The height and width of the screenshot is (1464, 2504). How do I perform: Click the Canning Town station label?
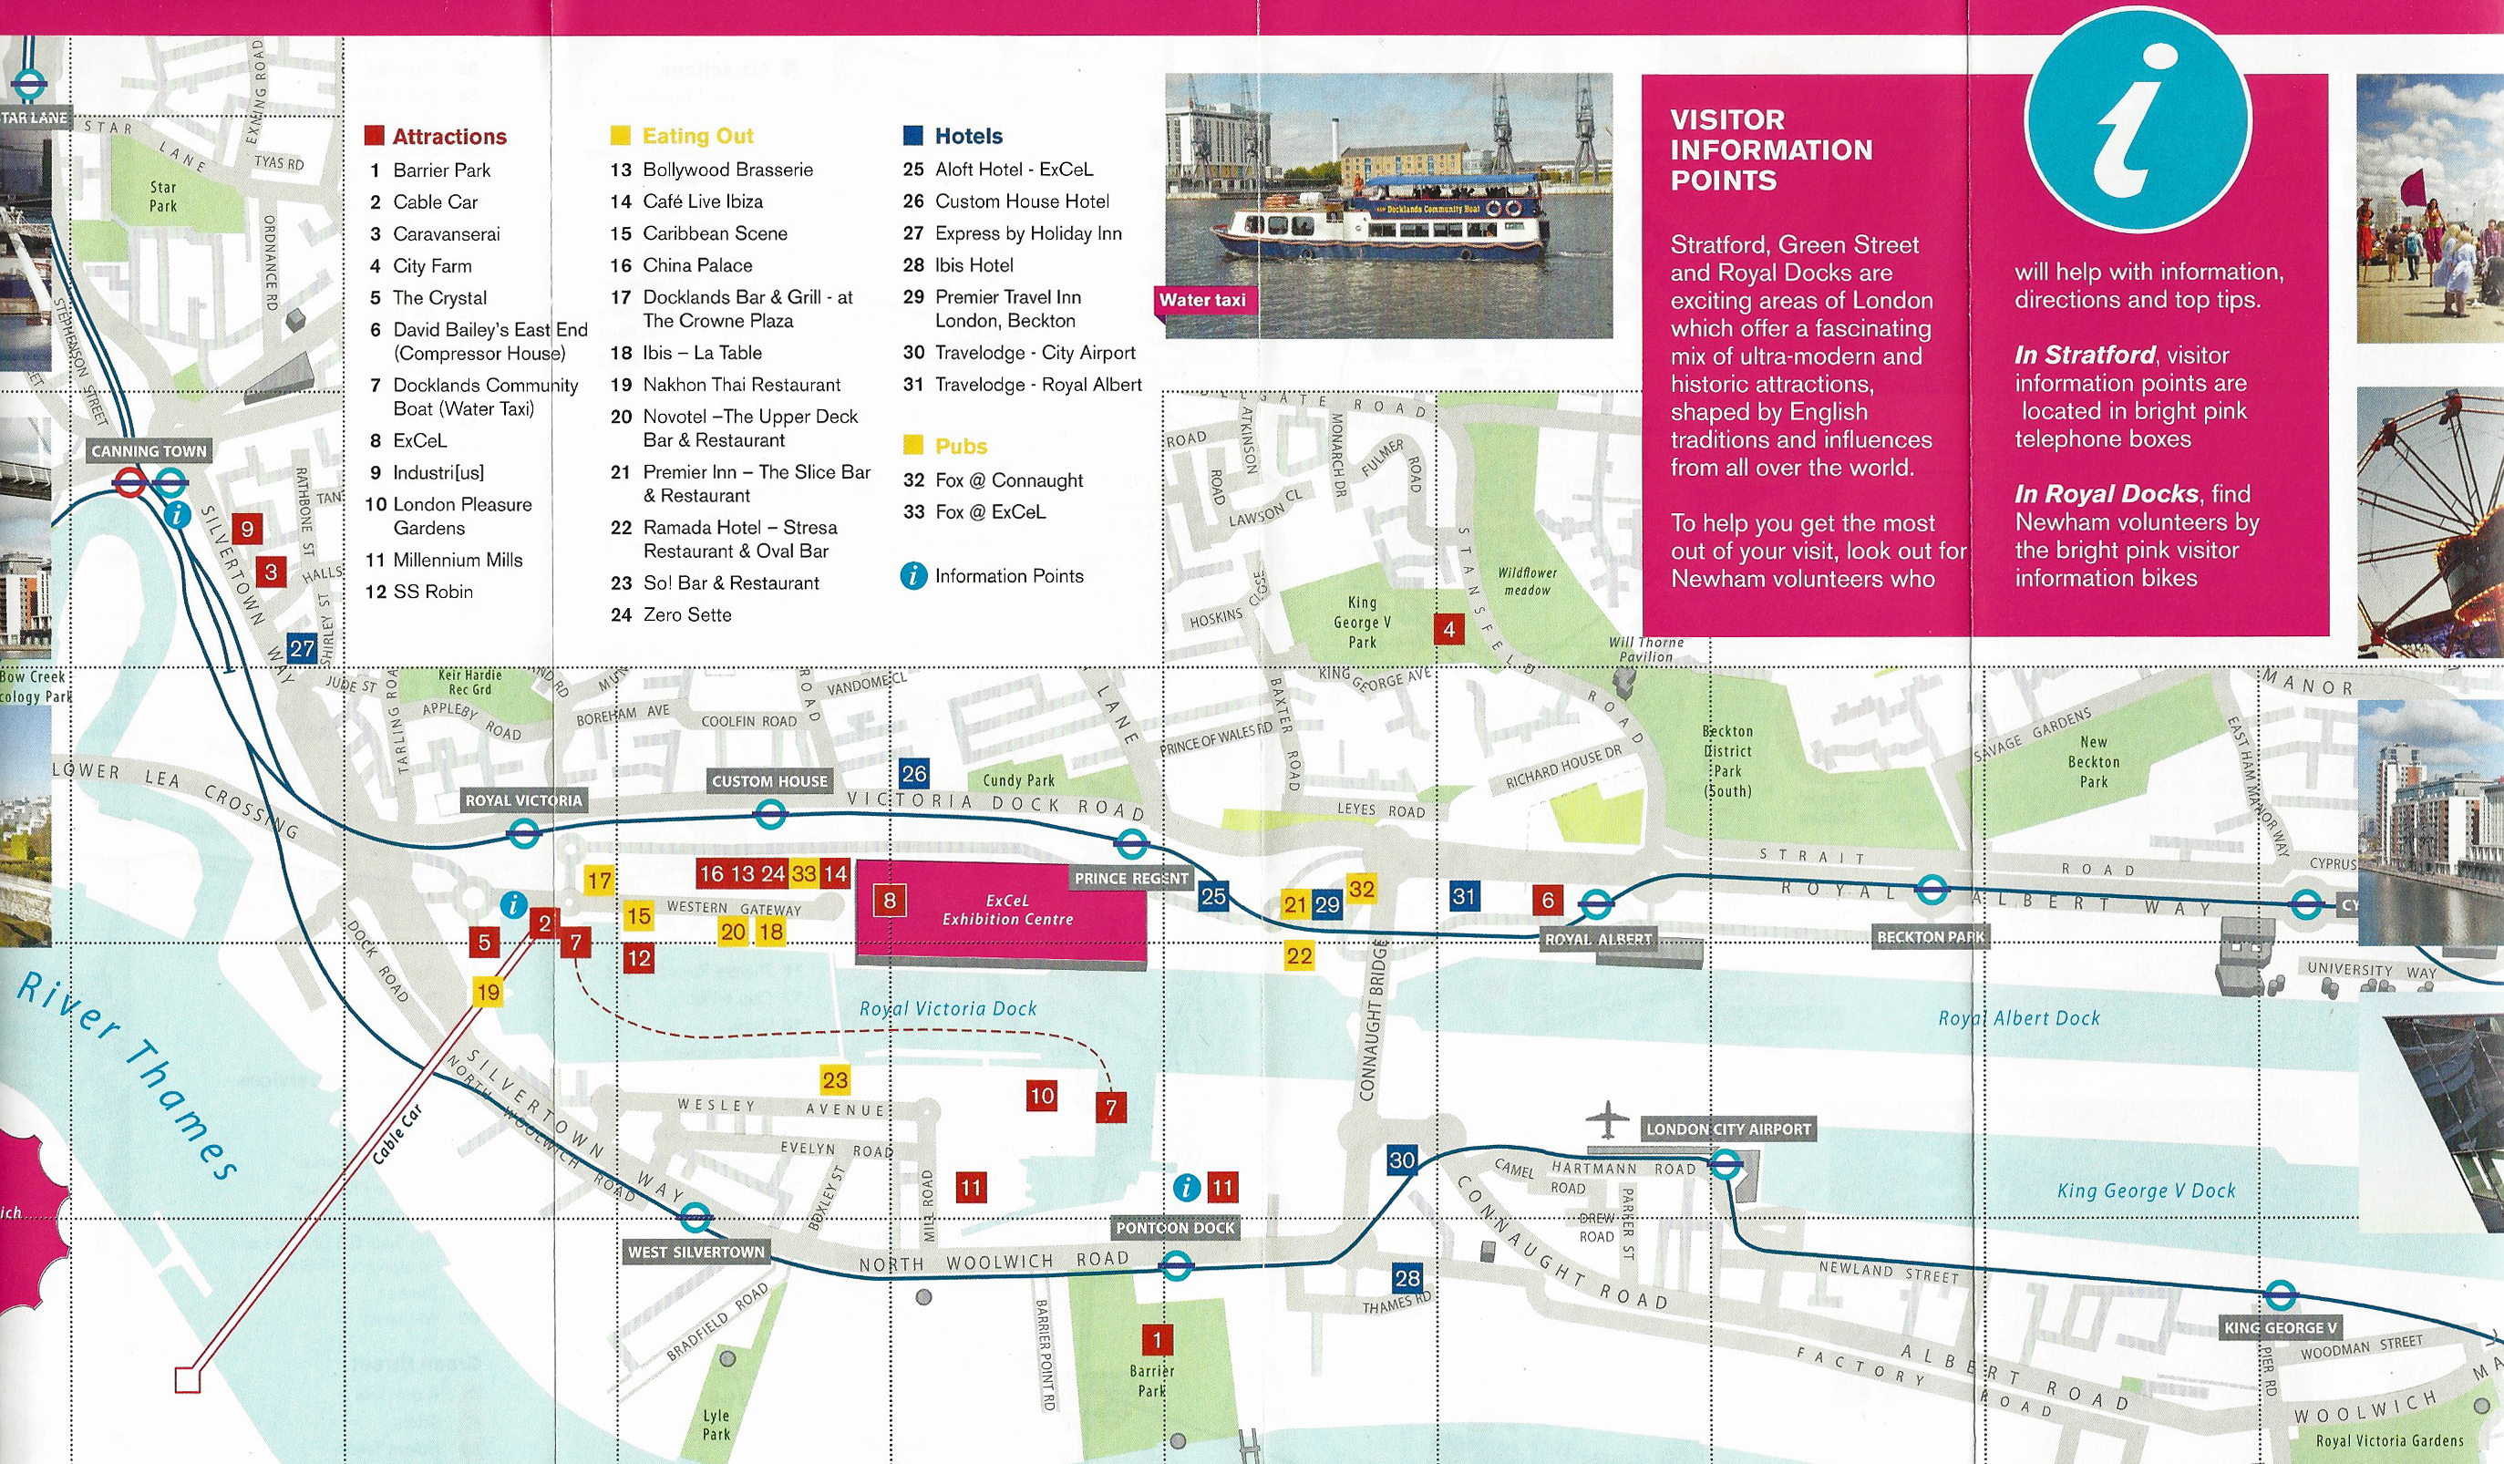149,451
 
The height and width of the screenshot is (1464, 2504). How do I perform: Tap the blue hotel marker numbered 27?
302,649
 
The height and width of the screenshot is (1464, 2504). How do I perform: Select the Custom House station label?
769,781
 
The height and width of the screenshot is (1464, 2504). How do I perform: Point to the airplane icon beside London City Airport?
1607,1120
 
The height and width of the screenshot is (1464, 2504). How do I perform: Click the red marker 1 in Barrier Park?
1157,1340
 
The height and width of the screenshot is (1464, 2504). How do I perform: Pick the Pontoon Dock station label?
1174,1228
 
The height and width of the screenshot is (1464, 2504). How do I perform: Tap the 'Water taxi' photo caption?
1202,300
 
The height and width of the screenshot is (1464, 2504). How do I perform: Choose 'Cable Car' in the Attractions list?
434,201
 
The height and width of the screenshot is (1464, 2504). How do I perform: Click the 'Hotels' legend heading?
968,136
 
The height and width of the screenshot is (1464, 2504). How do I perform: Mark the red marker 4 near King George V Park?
1448,628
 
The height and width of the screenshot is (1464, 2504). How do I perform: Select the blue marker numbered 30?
1402,1160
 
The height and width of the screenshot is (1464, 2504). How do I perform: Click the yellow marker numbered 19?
488,992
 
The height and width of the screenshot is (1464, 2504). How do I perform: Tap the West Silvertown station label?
696,1253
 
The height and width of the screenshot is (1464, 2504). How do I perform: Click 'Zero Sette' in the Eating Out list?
686,615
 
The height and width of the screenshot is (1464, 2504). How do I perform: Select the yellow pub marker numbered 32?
1361,889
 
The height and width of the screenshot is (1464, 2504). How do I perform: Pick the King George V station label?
2281,1328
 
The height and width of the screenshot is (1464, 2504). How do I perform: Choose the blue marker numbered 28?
1407,1278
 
